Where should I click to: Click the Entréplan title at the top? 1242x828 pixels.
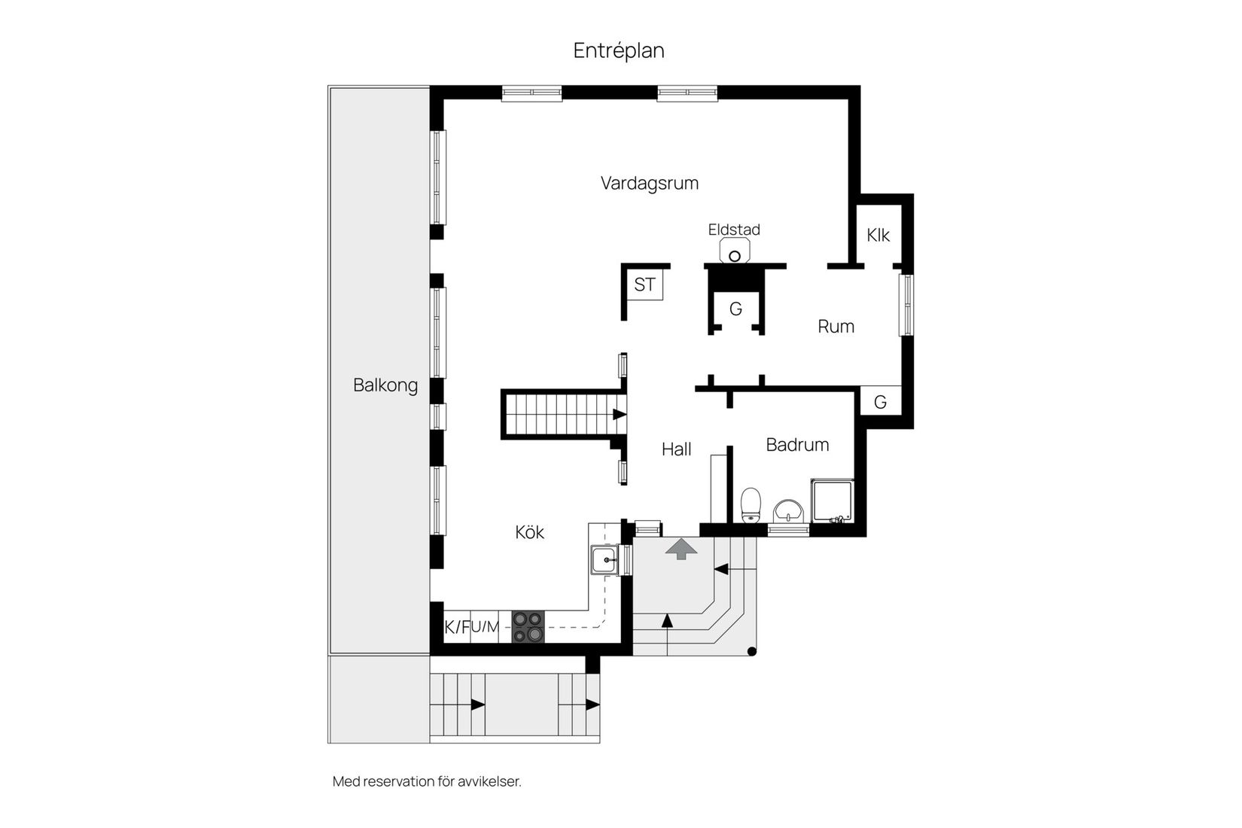tap(619, 50)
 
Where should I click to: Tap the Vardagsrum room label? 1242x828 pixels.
tap(650, 183)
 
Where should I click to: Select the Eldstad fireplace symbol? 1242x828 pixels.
tap(735, 251)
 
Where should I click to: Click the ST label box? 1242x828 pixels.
tap(644, 285)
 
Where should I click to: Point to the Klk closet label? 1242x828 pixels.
tap(878, 236)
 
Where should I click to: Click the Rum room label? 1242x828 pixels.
tap(836, 327)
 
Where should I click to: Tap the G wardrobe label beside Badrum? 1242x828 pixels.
tap(880, 402)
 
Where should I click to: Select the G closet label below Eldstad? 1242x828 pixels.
tap(735, 309)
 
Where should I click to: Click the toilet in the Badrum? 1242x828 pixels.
tap(750, 504)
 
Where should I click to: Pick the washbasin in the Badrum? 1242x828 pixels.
tap(788, 510)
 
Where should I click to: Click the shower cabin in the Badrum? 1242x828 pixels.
tap(833, 501)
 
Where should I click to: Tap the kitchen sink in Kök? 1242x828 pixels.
tap(604, 560)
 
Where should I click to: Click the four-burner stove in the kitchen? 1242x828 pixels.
tap(528, 627)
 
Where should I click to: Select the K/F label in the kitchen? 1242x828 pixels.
tap(456, 627)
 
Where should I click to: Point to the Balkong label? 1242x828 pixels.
tap(385, 385)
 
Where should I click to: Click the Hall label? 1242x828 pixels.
tap(676, 449)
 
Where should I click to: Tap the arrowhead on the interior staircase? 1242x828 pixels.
tap(619, 414)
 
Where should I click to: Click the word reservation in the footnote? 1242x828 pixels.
tap(398, 781)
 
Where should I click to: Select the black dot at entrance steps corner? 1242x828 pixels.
tap(752, 652)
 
